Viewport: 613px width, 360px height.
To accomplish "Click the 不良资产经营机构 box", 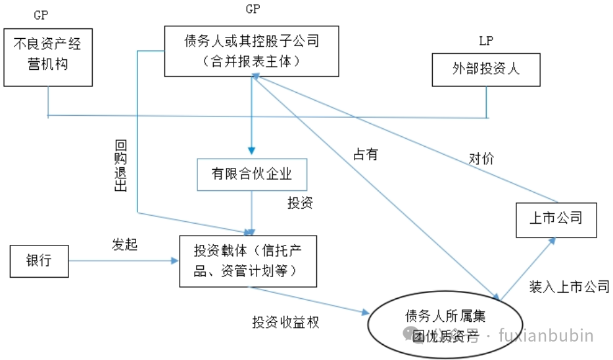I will pyautogui.click(x=47, y=57).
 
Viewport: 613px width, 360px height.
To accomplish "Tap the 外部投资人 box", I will pyautogui.click(x=485, y=69).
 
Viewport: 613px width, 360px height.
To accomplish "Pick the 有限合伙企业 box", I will pyautogui.click(x=253, y=174).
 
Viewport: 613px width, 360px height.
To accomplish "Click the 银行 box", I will pyautogui.click(x=39, y=261).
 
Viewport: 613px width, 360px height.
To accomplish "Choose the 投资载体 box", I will pyautogui.click(x=247, y=261).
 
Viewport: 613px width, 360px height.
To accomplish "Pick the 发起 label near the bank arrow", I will pyautogui.click(x=124, y=245).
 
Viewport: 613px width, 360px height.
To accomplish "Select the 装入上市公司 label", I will pyautogui.click(x=569, y=287).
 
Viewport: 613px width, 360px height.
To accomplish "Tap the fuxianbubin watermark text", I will pyautogui.click(x=545, y=336).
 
